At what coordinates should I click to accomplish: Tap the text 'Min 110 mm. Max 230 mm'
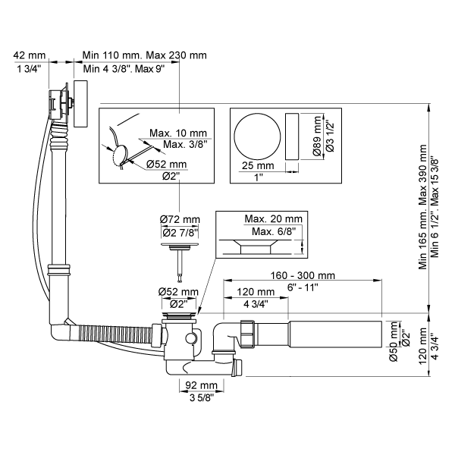[x=144, y=55]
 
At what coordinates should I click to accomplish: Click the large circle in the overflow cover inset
[x=256, y=136]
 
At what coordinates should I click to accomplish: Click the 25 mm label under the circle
[x=259, y=165]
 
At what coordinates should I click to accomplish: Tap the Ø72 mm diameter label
[x=180, y=220]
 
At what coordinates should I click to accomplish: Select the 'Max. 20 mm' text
[x=272, y=219]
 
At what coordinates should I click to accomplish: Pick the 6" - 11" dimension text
[x=303, y=288]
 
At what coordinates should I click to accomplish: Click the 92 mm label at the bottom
[x=195, y=384]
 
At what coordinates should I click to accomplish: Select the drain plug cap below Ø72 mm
[x=180, y=246]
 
